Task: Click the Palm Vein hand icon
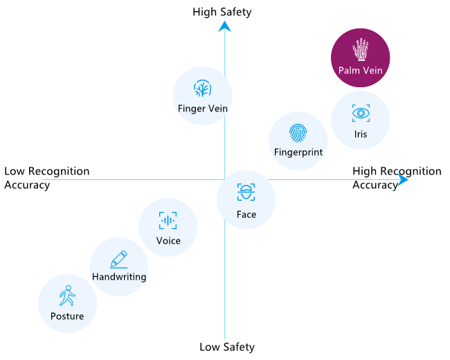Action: [x=361, y=49]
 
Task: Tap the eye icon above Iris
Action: [x=361, y=113]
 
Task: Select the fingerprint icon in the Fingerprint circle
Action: [x=298, y=133]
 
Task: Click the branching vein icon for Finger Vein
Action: [x=203, y=88]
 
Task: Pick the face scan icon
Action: [x=246, y=192]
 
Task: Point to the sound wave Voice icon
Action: [x=168, y=220]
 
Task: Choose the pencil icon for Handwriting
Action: [x=119, y=259]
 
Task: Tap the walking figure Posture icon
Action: [x=67, y=296]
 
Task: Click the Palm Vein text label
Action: [x=361, y=71]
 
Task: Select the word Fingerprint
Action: [x=298, y=152]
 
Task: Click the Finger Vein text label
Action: [x=203, y=109]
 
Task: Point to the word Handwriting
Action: [x=119, y=277]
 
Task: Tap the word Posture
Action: [x=67, y=316]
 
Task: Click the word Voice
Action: [x=168, y=240]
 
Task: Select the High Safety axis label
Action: [x=222, y=12]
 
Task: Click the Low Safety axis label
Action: [x=227, y=347]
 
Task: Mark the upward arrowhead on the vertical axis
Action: [x=224, y=26]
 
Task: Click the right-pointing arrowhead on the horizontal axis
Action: [x=403, y=180]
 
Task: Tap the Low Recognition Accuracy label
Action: [x=47, y=178]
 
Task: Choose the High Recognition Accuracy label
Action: [x=397, y=178]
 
